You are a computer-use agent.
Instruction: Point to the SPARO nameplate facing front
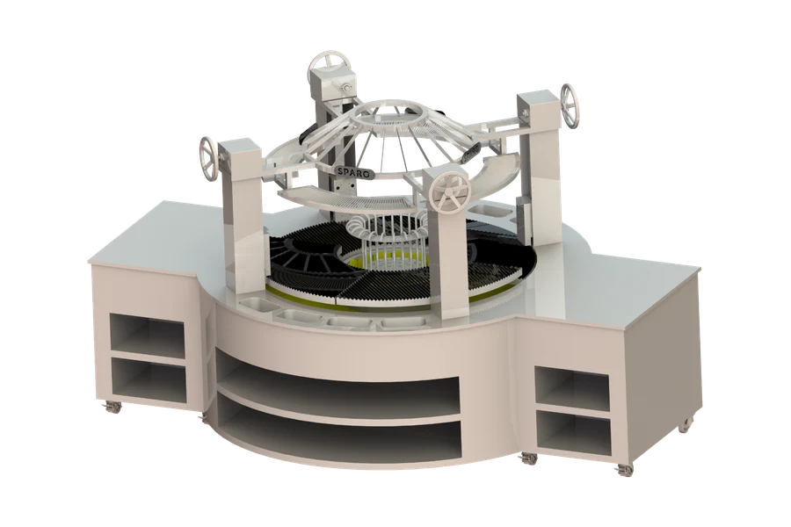tap(354, 171)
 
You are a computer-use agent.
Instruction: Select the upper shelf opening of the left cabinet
tap(148, 335)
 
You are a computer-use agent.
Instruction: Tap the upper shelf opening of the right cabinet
tap(572, 385)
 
